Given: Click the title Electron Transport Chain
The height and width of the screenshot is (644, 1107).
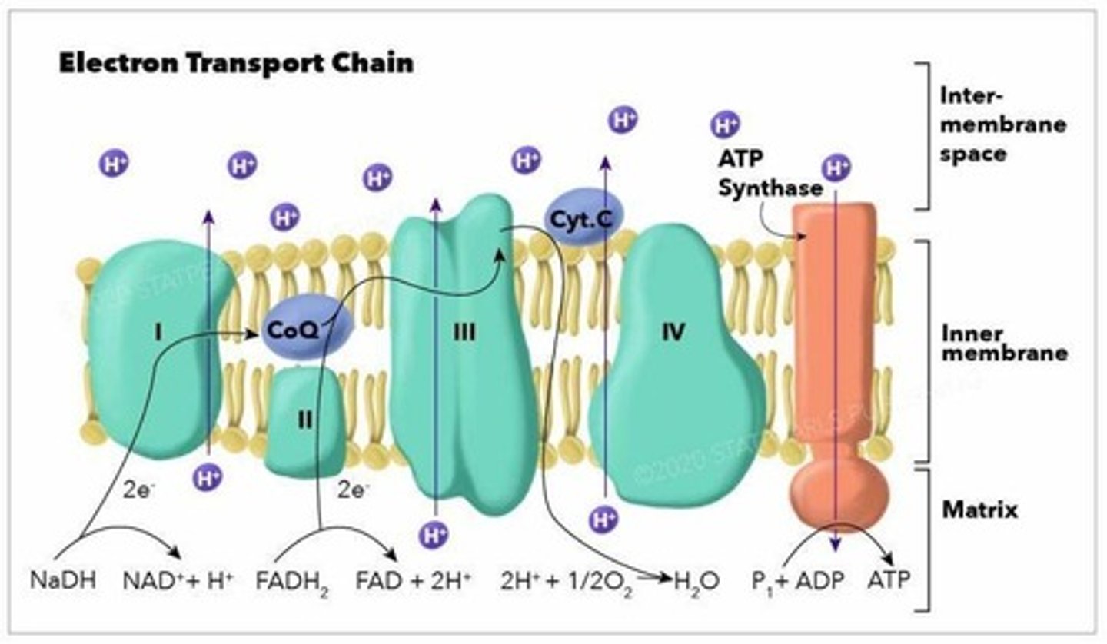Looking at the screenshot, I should tap(236, 63).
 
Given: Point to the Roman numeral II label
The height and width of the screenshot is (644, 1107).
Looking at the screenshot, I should tap(305, 420).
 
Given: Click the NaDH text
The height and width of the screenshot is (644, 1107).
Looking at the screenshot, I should tap(63, 580).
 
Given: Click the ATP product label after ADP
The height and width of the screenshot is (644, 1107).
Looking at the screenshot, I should tap(888, 580).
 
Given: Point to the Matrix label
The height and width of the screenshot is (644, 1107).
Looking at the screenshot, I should tap(979, 510).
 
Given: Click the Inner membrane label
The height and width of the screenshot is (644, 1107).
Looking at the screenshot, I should tap(1004, 344).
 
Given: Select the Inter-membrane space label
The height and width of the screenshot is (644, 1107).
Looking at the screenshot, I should tap(1002, 124).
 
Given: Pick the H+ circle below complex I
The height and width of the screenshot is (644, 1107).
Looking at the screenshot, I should tap(207, 477).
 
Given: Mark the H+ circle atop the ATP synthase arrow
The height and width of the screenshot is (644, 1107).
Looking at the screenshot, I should tap(836, 167).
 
